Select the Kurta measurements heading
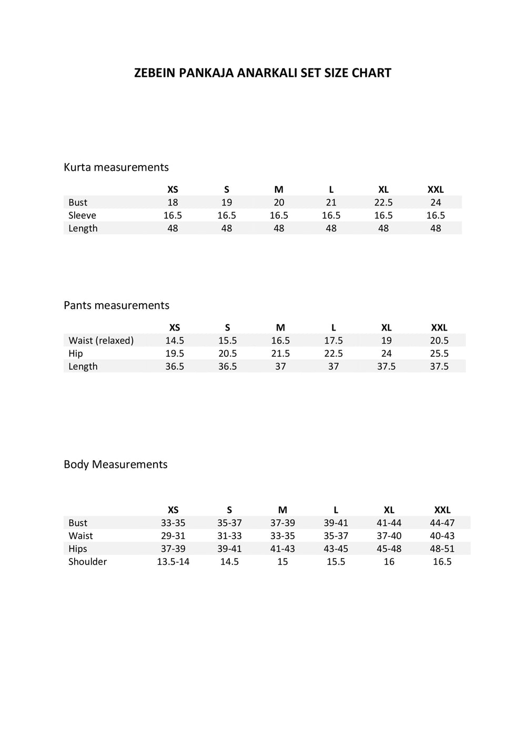116,167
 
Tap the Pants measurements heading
116,305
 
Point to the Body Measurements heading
115,464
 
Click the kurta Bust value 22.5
383,202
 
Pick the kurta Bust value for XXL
436,202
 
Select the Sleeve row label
82,215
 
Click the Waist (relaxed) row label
101,340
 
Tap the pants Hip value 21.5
280,354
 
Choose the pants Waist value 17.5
333,340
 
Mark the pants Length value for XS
175,366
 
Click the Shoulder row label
87,562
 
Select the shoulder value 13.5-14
173,562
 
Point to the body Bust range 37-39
282,523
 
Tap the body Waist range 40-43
442,536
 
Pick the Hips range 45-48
389,549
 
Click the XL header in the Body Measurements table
389,510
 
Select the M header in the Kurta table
279,190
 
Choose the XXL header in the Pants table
439,327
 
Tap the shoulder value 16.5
442,562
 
